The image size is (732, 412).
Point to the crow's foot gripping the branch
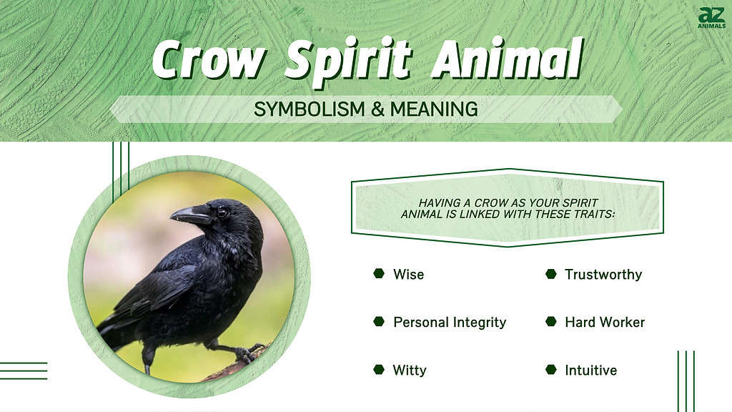click(247, 353)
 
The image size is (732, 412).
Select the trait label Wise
click(408, 274)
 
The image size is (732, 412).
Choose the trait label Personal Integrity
click(450, 322)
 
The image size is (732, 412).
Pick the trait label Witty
click(410, 370)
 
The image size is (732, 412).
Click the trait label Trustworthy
click(603, 274)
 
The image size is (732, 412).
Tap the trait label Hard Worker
click(605, 322)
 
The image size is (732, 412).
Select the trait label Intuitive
click(590, 370)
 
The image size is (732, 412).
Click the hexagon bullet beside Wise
click(379, 273)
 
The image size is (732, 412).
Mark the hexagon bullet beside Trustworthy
click(550, 273)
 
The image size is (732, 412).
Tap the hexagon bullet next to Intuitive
click(550, 369)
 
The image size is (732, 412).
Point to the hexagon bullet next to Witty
click(379, 369)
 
